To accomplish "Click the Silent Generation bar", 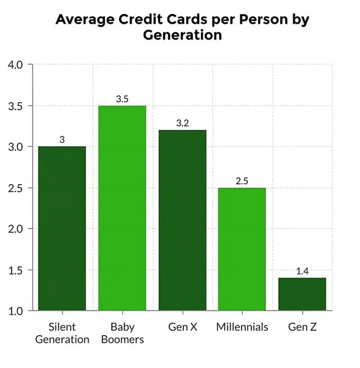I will coord(62,228).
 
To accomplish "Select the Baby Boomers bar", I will coord(122,208).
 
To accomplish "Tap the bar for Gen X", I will coord(182,220).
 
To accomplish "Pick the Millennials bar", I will coord(242,249).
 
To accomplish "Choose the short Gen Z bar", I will coord(302,294).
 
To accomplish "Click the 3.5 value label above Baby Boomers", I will coord(122,99).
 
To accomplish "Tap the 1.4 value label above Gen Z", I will coord(302,271).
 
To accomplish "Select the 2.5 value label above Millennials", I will coord(242,181).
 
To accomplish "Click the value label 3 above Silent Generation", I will coord(62,140).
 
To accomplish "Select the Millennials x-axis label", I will coord(242,327).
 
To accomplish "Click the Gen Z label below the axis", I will coord(302,327).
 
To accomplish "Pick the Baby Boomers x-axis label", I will coord(122,333).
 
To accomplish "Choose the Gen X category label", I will coord(182,327).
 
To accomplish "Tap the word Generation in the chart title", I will coord(182,35).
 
